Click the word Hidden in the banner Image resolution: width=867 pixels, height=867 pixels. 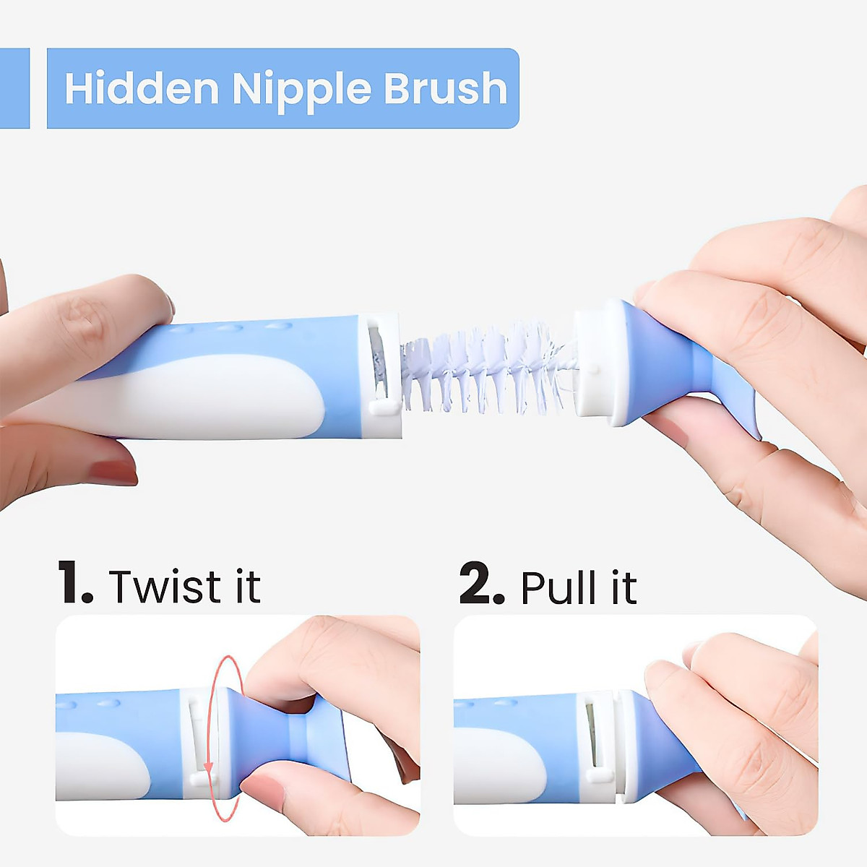point(142,88)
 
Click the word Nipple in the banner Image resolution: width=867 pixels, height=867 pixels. point(301,90)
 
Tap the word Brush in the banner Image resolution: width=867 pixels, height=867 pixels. point(445,88)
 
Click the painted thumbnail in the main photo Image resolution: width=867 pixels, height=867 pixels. point(112,472)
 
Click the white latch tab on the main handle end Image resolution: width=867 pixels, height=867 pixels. point(383,407)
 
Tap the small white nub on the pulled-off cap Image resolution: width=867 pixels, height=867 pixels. point(593,368)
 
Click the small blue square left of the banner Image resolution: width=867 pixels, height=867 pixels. point(14,88)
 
